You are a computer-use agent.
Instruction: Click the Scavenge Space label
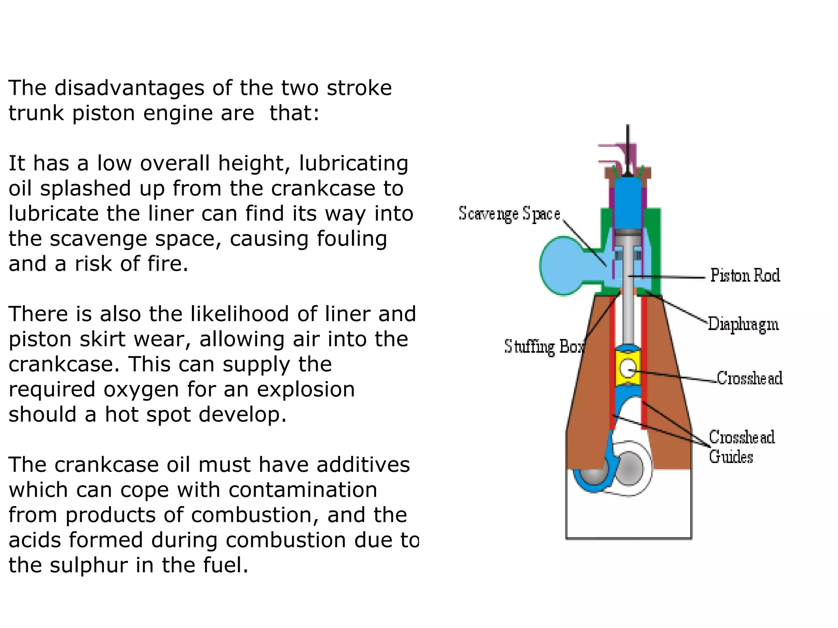click(x=509, y=214)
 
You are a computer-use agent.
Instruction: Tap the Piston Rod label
click(x=745, y=276)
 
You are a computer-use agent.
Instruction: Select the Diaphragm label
click(x=743, y=324)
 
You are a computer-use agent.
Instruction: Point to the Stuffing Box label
click(x=543, y=347)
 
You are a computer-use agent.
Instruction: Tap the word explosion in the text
click(x=313, y=389)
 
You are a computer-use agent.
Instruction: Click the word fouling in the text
click(x=352, y=239)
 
